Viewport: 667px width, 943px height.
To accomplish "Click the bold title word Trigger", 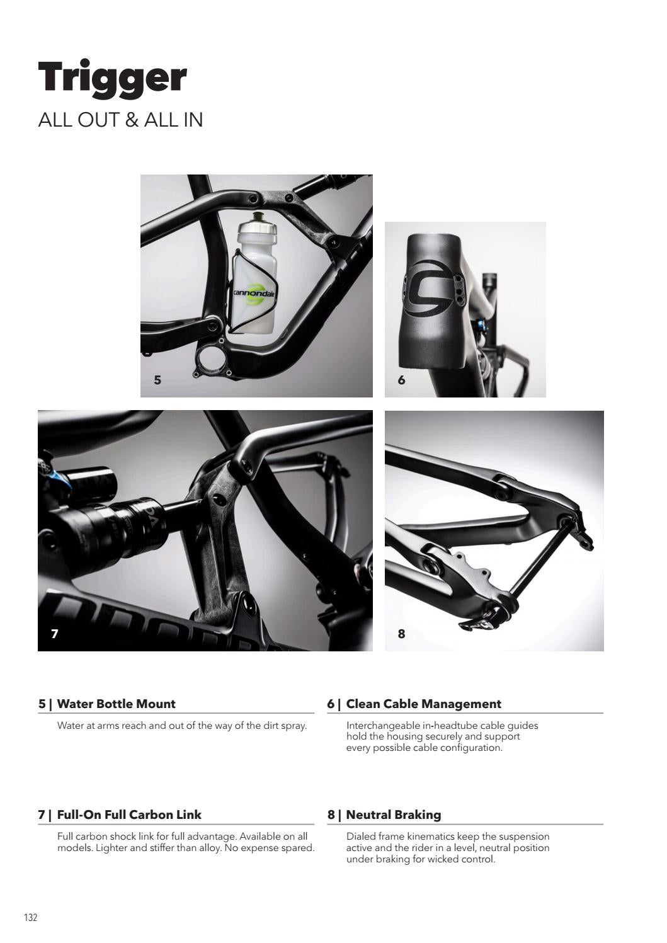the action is [x=112, y=79].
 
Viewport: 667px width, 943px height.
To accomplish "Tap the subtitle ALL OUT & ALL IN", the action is [x=121, y=120].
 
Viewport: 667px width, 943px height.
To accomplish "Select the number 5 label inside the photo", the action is [x=157, y=380].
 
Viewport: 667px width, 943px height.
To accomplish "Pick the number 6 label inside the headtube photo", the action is [x=401, y=380].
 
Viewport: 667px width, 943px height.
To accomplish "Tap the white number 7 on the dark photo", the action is [x=54, y=634].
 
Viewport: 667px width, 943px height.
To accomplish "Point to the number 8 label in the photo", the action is [x=401, y=634].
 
